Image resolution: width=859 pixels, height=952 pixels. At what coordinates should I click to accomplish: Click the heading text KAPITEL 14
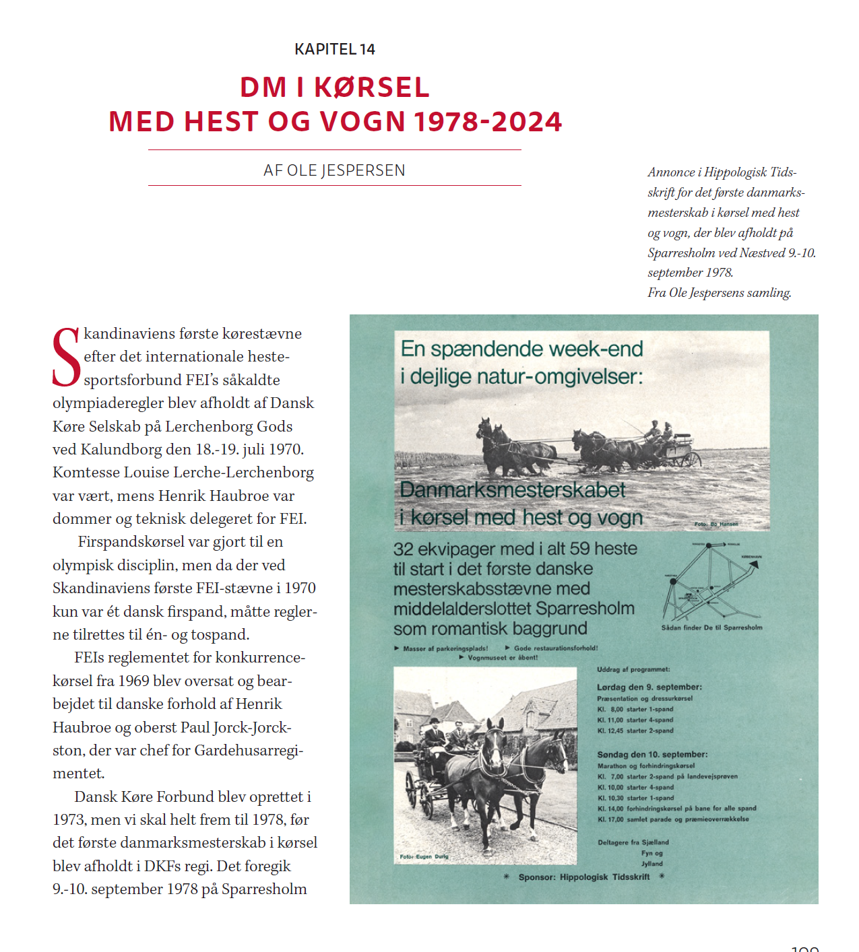334,49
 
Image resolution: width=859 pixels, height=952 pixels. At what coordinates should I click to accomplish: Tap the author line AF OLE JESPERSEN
334,170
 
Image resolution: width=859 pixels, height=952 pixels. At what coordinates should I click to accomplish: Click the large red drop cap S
66,358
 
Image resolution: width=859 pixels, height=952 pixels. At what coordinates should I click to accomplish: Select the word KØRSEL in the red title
371,88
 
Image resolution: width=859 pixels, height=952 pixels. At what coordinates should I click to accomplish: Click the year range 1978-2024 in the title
488,122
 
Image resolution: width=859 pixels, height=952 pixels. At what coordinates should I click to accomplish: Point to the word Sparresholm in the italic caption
681,253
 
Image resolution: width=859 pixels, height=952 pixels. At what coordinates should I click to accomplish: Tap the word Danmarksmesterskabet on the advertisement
513,490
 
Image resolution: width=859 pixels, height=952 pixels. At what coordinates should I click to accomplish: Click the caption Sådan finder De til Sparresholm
711,627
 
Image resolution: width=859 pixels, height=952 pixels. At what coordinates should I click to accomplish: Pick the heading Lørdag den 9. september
649,687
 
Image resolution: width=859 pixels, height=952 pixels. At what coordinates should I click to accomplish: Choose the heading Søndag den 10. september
651,755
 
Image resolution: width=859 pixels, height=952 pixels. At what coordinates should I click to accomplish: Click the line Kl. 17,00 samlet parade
672,819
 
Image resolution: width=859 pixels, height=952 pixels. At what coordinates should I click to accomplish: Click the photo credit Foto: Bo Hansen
716,524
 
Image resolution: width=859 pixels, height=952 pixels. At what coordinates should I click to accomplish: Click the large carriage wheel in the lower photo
410,790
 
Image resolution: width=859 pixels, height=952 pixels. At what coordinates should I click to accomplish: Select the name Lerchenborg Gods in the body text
229,426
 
